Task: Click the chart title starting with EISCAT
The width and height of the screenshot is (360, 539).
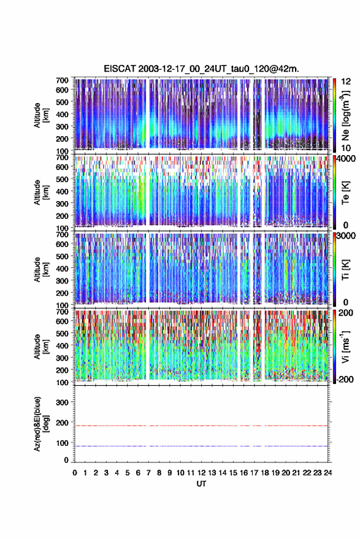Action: pyautogui.click(x=201, y=69)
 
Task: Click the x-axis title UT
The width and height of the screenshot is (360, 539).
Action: pyautogui.click(x=201, y=484)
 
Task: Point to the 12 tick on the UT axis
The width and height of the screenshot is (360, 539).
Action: pyautogui.click(x=202, y=473)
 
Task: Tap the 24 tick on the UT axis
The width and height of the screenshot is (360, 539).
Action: pyautogui.click(x=327, y=473)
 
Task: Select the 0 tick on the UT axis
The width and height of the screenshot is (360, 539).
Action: pyautogui.click(x=75, y=473)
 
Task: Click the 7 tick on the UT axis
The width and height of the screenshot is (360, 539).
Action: pyautogui.click(x=148, y=473)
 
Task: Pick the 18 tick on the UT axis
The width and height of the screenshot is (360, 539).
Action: pyautogui.click(x=265, y=473)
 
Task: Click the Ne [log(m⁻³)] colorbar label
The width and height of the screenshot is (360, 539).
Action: pyautogui.click(x=345, y=115)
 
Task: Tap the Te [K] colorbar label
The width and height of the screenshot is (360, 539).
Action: pyautogui.click(x=345, y=193)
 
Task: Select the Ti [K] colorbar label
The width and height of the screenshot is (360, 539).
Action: pyautogui.click(x=345, y=270)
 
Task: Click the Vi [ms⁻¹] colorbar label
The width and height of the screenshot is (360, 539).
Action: pyautogui.click(x=345, y=346)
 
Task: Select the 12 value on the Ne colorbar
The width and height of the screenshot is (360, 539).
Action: pyautogui.click(x=346, y=82)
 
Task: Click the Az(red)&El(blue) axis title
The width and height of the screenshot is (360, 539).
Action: pyautogui.click(x=40, y=424)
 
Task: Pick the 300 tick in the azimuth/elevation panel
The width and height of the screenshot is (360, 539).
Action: pyautogui.click(x=62, y=402)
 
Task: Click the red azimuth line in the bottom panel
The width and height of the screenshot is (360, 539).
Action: pyautogui.click(x=201, y=426)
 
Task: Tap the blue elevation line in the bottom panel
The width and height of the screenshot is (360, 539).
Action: pyautogui.click(x=201, y=446)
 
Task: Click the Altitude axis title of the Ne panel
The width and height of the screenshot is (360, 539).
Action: pyautogui.click(x=40, y=115)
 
